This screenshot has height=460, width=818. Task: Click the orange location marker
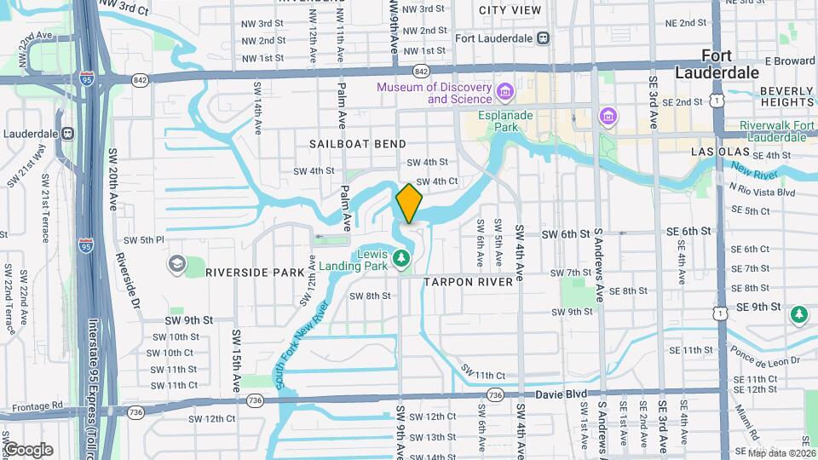(409, 204)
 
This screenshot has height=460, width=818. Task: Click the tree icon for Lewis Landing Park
(404, 257)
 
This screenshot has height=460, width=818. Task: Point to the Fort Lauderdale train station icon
(543, 38)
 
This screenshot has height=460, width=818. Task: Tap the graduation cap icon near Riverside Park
(176, 263)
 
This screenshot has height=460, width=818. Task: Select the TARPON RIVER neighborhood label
(469, 282)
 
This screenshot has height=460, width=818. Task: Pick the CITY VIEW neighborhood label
(510, 10)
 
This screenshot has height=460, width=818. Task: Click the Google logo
(27, 449)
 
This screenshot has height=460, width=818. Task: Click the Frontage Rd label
(34, 405)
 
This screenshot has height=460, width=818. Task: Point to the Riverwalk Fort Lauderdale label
(776, 132)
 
